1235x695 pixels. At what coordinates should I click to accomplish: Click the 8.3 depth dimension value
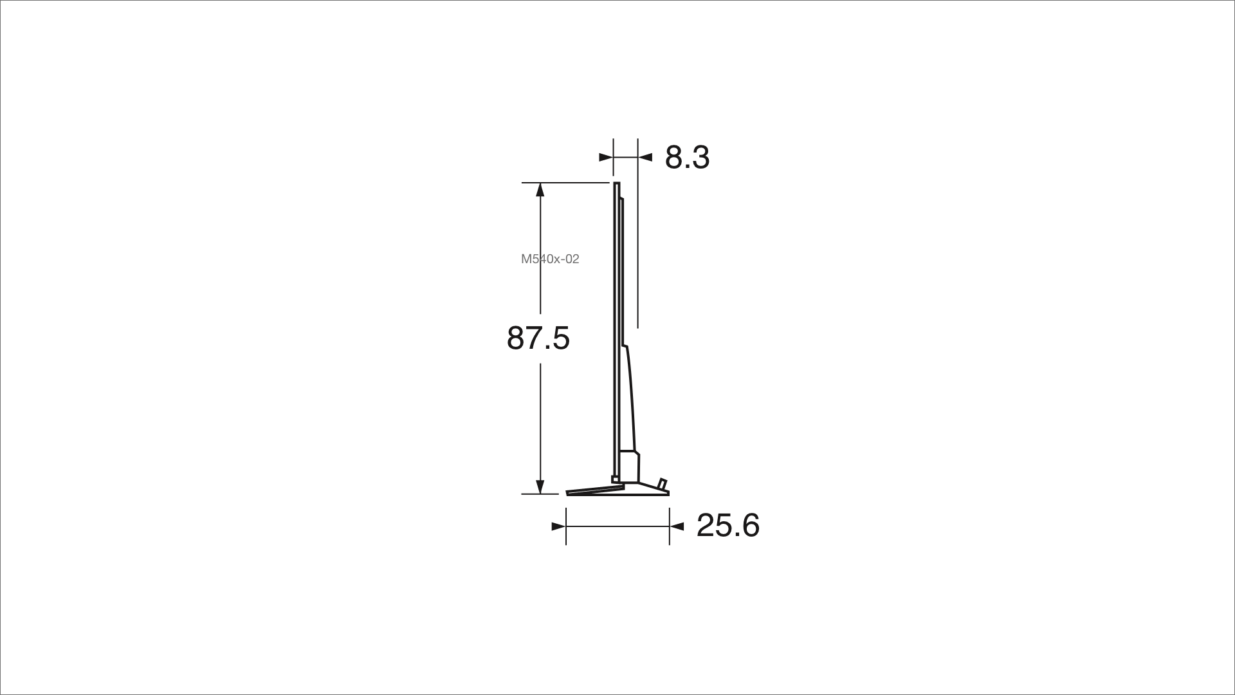point(687,158)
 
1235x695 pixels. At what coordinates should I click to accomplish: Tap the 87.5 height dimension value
point(538,338)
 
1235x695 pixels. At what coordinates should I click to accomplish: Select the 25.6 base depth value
point(728,526)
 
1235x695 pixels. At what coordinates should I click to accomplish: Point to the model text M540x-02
point(550,259)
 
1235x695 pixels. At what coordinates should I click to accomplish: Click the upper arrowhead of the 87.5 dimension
point(540,190)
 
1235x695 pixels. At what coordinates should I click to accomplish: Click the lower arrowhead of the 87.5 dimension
point(540,486)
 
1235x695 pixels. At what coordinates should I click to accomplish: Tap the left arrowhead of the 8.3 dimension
point(605,156)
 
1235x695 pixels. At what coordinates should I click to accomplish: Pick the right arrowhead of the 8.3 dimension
point(646,156)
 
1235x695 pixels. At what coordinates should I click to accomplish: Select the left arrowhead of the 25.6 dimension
point(558,526)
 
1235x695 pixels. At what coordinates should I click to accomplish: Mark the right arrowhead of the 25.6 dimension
point(677,526)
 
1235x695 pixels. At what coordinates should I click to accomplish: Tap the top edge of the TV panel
point(616,183)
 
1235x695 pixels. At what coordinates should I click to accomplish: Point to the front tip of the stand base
point(569,494)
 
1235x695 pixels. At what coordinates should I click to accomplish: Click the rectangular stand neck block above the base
point(629,467)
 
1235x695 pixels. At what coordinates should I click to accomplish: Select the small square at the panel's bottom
point(615,479)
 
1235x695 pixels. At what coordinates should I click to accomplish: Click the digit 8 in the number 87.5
point(516,338)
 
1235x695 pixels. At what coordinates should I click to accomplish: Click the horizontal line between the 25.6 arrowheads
point(617,526)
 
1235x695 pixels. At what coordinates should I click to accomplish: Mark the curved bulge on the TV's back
point(631,399)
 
